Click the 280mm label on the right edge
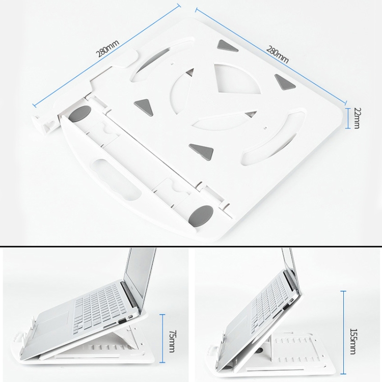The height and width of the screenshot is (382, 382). tap(278, 54)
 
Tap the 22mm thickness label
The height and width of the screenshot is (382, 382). tap(356, 118)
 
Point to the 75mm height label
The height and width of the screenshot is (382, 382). tap(172, 341)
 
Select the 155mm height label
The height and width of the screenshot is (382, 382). tap(353, 341)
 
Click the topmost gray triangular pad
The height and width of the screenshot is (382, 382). tap(228, 46)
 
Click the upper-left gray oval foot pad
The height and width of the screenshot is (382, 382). tap(79, 114)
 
